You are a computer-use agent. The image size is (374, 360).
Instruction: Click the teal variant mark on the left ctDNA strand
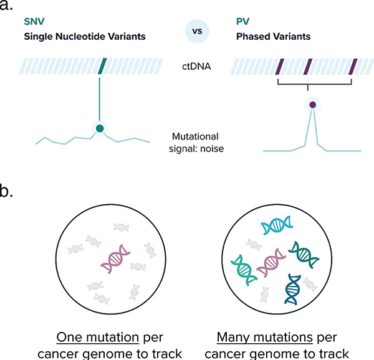pyautogui.click(x=103, y=65)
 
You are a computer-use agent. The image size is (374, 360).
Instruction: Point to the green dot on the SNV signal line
pyautogui.click(x=98, y=128)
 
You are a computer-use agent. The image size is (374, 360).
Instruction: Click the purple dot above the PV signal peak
pyautogui.click(x=312, y=105)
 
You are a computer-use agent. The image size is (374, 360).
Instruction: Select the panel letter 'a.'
pyautogui.click(x=9, y=7)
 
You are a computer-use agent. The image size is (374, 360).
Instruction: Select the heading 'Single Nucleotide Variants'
pyautogui.click(x=76, y=36)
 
